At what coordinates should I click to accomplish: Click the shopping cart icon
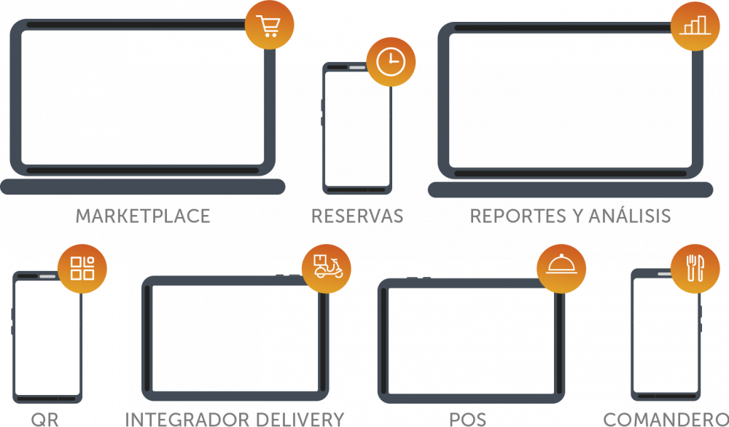(x=270, y=25)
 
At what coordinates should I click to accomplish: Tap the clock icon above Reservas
(x=391, y=62)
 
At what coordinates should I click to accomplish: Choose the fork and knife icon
(x=695, y=267)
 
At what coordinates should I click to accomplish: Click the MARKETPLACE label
(x=143, y=216)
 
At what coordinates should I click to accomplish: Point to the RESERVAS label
(x=357, y=216)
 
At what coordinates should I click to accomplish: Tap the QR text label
(x=44, y=419)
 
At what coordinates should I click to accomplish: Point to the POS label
(x=468, y=419)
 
